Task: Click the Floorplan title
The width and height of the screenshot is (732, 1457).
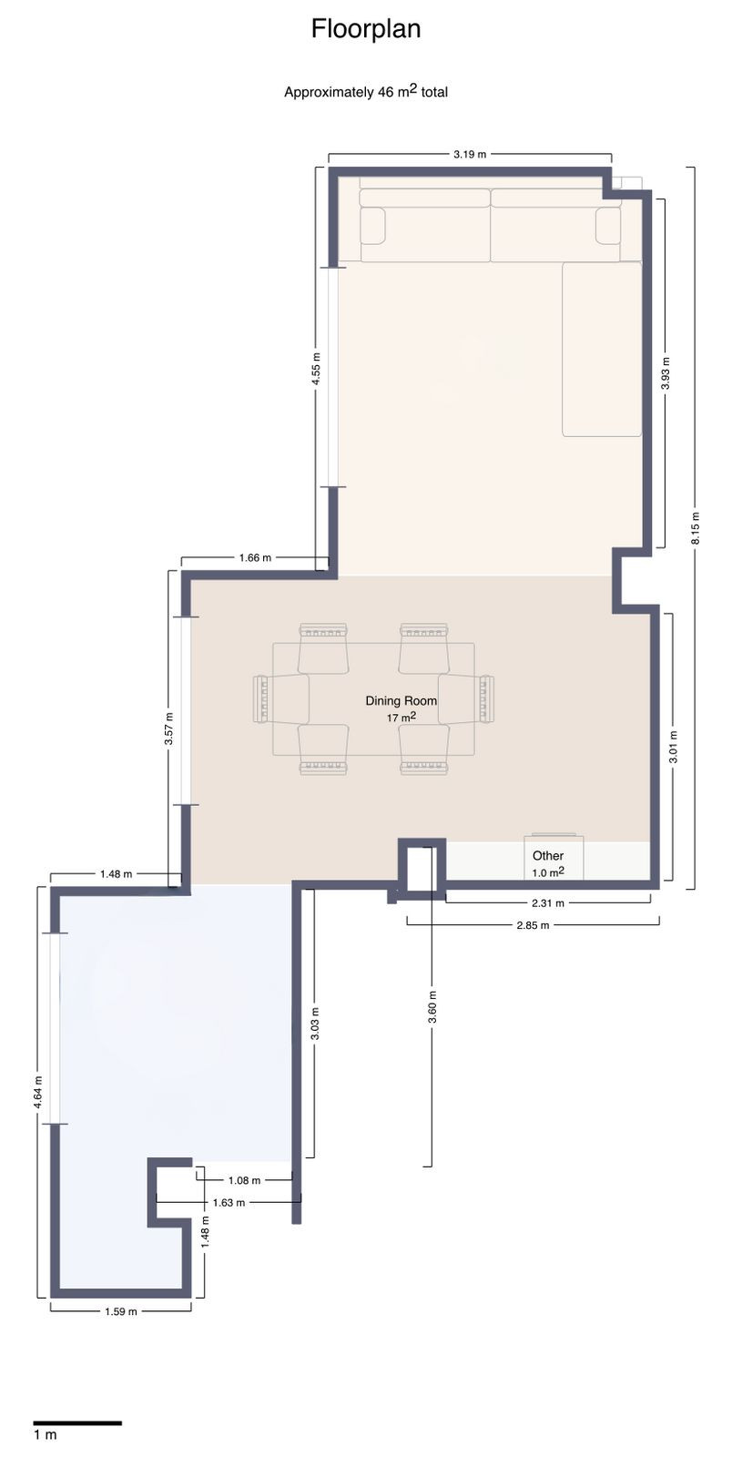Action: pyautogui.click(x=366, y=29)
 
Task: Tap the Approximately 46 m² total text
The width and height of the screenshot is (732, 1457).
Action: pyautogui.click(x=366, y=91)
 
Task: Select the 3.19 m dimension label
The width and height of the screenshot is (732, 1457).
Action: pyautogui.click(x=469, y=154)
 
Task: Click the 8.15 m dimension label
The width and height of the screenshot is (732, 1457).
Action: pyautogui.click(x=695, y=527)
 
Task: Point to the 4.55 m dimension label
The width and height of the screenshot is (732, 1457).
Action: pyautogui.click(x=316, y=370)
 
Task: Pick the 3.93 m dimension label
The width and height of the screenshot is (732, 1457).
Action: pyautogui.click(x=666, y=372)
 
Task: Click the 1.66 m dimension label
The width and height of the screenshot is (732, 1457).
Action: pyautogui.click(x=255, y=557)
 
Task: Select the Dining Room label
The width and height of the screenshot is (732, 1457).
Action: pyautogui.click(x=401, y=700)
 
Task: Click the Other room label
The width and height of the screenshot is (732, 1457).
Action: pyautogui.click(x=548, y=856)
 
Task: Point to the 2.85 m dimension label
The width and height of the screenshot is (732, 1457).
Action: pyautogui.click(x=533, y=925)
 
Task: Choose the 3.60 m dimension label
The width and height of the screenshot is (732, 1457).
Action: pyautogui.click(x=432, y=1007)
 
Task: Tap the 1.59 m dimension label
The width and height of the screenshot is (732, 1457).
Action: pyautogui.click(x=120, y=1311)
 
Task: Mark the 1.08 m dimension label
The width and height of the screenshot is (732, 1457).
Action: pyautogui.click(x=244, y=1180)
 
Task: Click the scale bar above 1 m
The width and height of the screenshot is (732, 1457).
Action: pyautogui.click(x=77, y=1422)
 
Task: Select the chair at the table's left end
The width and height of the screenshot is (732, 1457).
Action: pyautogui.click(x=280, y=698)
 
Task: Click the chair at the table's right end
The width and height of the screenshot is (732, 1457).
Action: pyautogui.click(x=467, y=698)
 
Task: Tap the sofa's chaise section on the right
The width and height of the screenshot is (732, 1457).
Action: pyautogui.click(x=602, y=349)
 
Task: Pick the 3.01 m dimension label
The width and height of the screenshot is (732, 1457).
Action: pyautogui.click(x=673, y=747)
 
